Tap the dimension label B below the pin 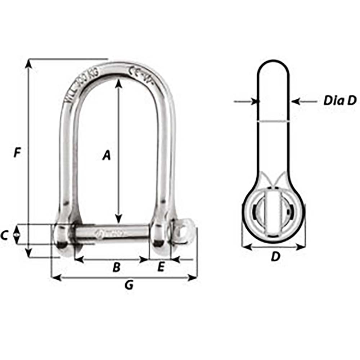(x=116, y=267)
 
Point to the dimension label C (x=4, y=235)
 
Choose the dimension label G (x=128, y=285)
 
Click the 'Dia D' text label (x=339, y=101)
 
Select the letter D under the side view (x=275, y=257)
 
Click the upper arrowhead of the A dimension (x=118, y=83)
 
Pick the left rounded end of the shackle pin (x=62, y=239)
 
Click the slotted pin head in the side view (x=273, y=215)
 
